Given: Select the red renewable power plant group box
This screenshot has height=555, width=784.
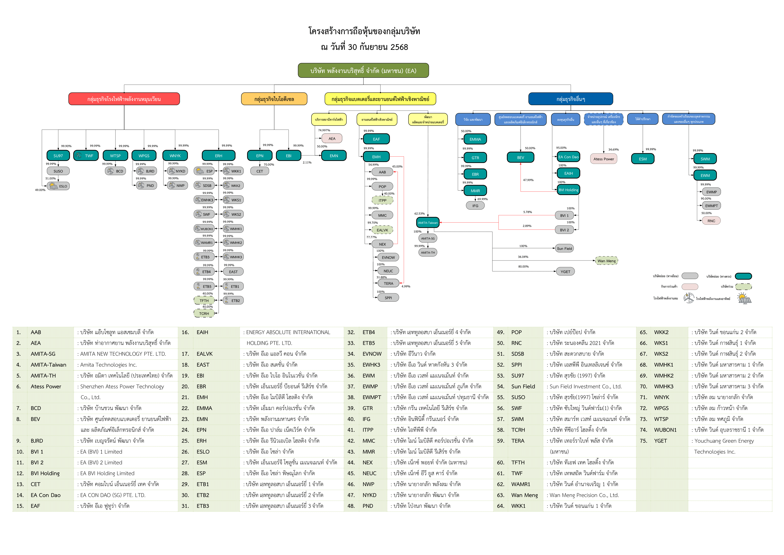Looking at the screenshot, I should tap(124, 99).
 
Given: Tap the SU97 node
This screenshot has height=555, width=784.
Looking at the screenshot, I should tap(58, 156).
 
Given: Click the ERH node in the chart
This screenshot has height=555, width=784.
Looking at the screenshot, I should tap(219, 156).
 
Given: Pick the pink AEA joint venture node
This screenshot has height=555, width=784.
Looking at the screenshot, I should tap(332, 138).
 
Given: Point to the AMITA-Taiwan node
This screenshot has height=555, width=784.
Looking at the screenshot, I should tap(428, 223).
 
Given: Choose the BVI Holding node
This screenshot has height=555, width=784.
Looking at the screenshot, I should tap(569, 190).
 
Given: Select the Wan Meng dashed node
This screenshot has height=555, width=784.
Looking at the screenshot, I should tap(606, 261).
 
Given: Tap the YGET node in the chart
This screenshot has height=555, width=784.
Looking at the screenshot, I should tap(565, 272).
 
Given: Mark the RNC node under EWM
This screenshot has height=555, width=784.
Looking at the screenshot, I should tap(711, 221).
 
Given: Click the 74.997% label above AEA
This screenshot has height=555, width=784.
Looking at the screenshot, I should tap(324, 130).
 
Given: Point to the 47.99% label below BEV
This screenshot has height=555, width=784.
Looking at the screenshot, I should tap(528, 180).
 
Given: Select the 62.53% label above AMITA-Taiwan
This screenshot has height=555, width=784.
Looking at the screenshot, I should tap(420, 214).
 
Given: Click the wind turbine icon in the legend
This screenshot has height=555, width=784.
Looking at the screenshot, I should tap(689, 298).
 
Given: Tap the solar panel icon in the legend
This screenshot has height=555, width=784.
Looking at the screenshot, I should tap(744, 298).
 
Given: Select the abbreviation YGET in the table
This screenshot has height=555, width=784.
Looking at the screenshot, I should tap(660, 441).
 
